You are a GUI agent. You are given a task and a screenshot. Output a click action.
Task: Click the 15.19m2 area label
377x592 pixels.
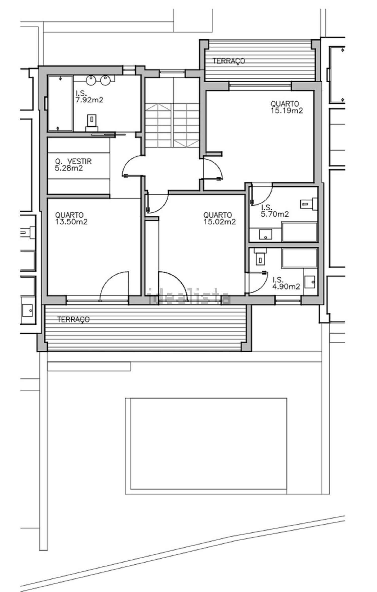287,111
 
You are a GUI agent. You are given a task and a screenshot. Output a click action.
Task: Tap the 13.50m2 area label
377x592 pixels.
71,222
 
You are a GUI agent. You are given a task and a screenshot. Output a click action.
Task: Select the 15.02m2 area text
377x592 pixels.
220,222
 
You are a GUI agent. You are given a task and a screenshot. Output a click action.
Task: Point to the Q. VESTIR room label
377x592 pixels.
73,161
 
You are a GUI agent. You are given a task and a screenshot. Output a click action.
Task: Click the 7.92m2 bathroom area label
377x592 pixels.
89,100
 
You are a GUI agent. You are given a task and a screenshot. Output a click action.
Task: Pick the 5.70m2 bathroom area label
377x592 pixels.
275,214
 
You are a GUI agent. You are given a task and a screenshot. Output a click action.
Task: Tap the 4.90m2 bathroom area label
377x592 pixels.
286,286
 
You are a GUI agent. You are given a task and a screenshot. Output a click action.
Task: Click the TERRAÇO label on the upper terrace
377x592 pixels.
229,61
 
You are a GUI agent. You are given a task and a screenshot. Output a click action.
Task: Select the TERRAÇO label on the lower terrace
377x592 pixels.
73,320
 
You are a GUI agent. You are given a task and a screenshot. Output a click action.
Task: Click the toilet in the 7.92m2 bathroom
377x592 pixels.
92,123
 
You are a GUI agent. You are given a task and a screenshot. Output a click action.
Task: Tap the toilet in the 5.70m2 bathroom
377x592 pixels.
309,203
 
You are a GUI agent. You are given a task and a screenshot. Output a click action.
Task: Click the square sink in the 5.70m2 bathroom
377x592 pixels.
265,234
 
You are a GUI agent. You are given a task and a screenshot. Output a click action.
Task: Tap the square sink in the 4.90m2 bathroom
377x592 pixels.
310,282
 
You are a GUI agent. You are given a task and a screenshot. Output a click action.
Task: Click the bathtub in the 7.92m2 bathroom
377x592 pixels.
60,103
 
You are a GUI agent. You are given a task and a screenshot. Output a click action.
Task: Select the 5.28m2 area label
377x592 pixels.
69,168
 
